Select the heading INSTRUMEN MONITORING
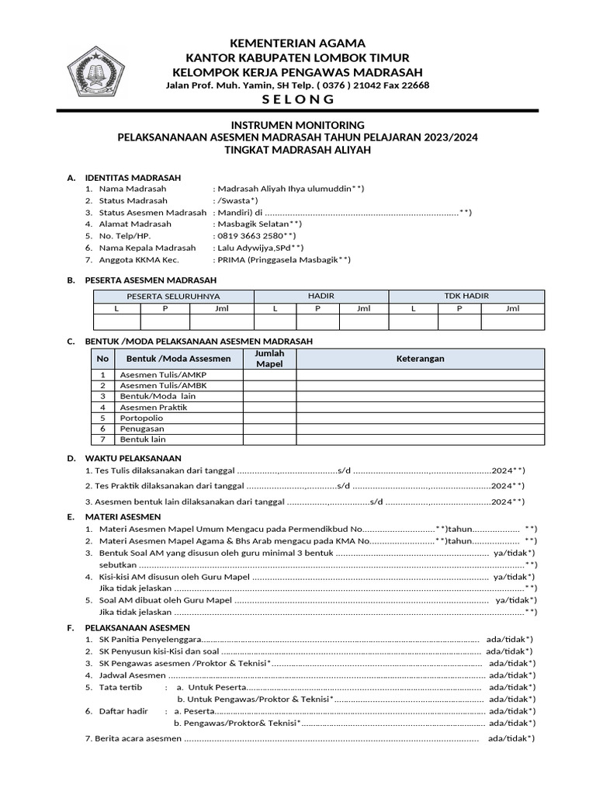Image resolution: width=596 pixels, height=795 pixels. pos(298,125)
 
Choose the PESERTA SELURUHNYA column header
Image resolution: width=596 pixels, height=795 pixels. pos(173,296)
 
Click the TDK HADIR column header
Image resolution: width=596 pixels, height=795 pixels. pos(466,296)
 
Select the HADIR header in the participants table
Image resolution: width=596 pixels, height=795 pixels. pos(321,296)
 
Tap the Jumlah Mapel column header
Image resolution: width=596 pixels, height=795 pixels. pos(269,359)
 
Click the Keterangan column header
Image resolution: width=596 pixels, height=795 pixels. pos(420,359)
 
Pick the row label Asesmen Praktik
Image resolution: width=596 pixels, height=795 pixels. pos(154,407)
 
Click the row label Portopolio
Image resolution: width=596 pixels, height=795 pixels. pos(142,418)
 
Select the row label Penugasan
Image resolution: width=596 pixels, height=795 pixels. pos(142,429)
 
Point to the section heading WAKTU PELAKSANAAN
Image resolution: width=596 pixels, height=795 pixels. pos(133,458)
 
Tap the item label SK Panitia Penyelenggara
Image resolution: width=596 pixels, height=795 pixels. pos(151,639)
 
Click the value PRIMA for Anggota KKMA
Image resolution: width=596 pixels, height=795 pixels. pos(230,260)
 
